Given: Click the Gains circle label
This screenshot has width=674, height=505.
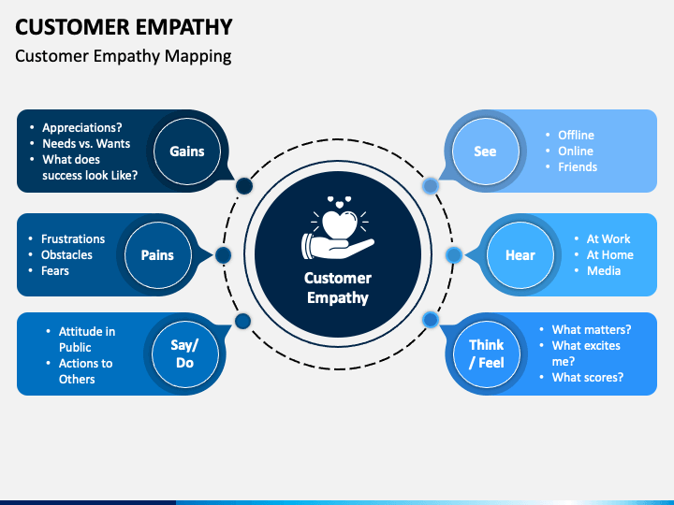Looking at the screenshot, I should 187,151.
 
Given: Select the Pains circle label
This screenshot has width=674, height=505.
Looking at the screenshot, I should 157,254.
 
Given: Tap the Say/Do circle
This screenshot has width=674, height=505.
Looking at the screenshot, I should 184,353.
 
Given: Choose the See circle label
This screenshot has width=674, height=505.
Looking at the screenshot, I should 485,151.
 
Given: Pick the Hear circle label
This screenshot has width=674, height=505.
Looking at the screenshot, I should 520,254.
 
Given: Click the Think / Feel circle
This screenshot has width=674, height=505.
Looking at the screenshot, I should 487,353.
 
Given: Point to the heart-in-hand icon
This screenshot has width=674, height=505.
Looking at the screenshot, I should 337,230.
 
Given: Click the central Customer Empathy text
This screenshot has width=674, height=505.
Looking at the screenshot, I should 337,288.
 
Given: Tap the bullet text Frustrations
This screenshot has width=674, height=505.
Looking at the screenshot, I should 73,238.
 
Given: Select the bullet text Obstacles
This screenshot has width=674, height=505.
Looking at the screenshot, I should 66,254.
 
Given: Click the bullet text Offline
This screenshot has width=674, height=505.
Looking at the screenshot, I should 576,135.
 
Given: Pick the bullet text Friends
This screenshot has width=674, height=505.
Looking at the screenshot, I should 578,166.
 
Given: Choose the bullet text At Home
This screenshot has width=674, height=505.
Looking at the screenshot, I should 609,254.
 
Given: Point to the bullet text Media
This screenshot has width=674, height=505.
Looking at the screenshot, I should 603,270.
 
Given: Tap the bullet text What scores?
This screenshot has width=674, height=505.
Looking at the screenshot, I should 587,378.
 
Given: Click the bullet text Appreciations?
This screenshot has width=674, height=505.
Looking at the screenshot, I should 82,127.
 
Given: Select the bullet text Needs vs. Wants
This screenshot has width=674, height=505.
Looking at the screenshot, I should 86,143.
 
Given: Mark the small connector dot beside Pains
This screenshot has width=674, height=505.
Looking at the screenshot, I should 223,254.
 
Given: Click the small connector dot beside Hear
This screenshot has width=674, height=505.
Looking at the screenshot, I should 453,254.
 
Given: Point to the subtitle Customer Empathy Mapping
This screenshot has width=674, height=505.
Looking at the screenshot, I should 124,55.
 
